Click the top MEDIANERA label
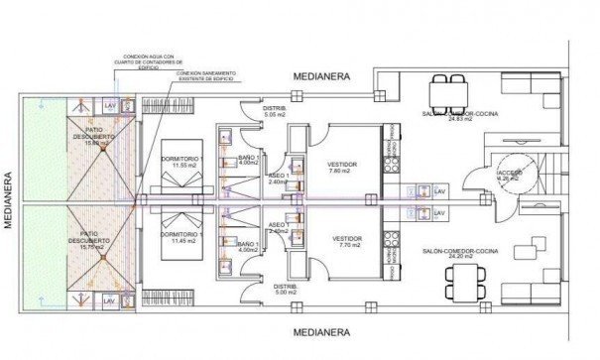(x=322, y=76)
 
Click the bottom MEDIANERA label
(x=322, y=333)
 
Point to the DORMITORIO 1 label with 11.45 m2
(x=181, y=237)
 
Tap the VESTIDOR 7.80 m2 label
(x=345, y=167)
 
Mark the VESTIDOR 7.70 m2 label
(x=345, y=243)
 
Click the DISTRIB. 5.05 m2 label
(x=274, y=110)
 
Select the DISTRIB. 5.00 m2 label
(x=274, y=289)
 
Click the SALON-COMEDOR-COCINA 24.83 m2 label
(x=462, y=117)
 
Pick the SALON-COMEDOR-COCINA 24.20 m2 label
(x=462, y=255)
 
